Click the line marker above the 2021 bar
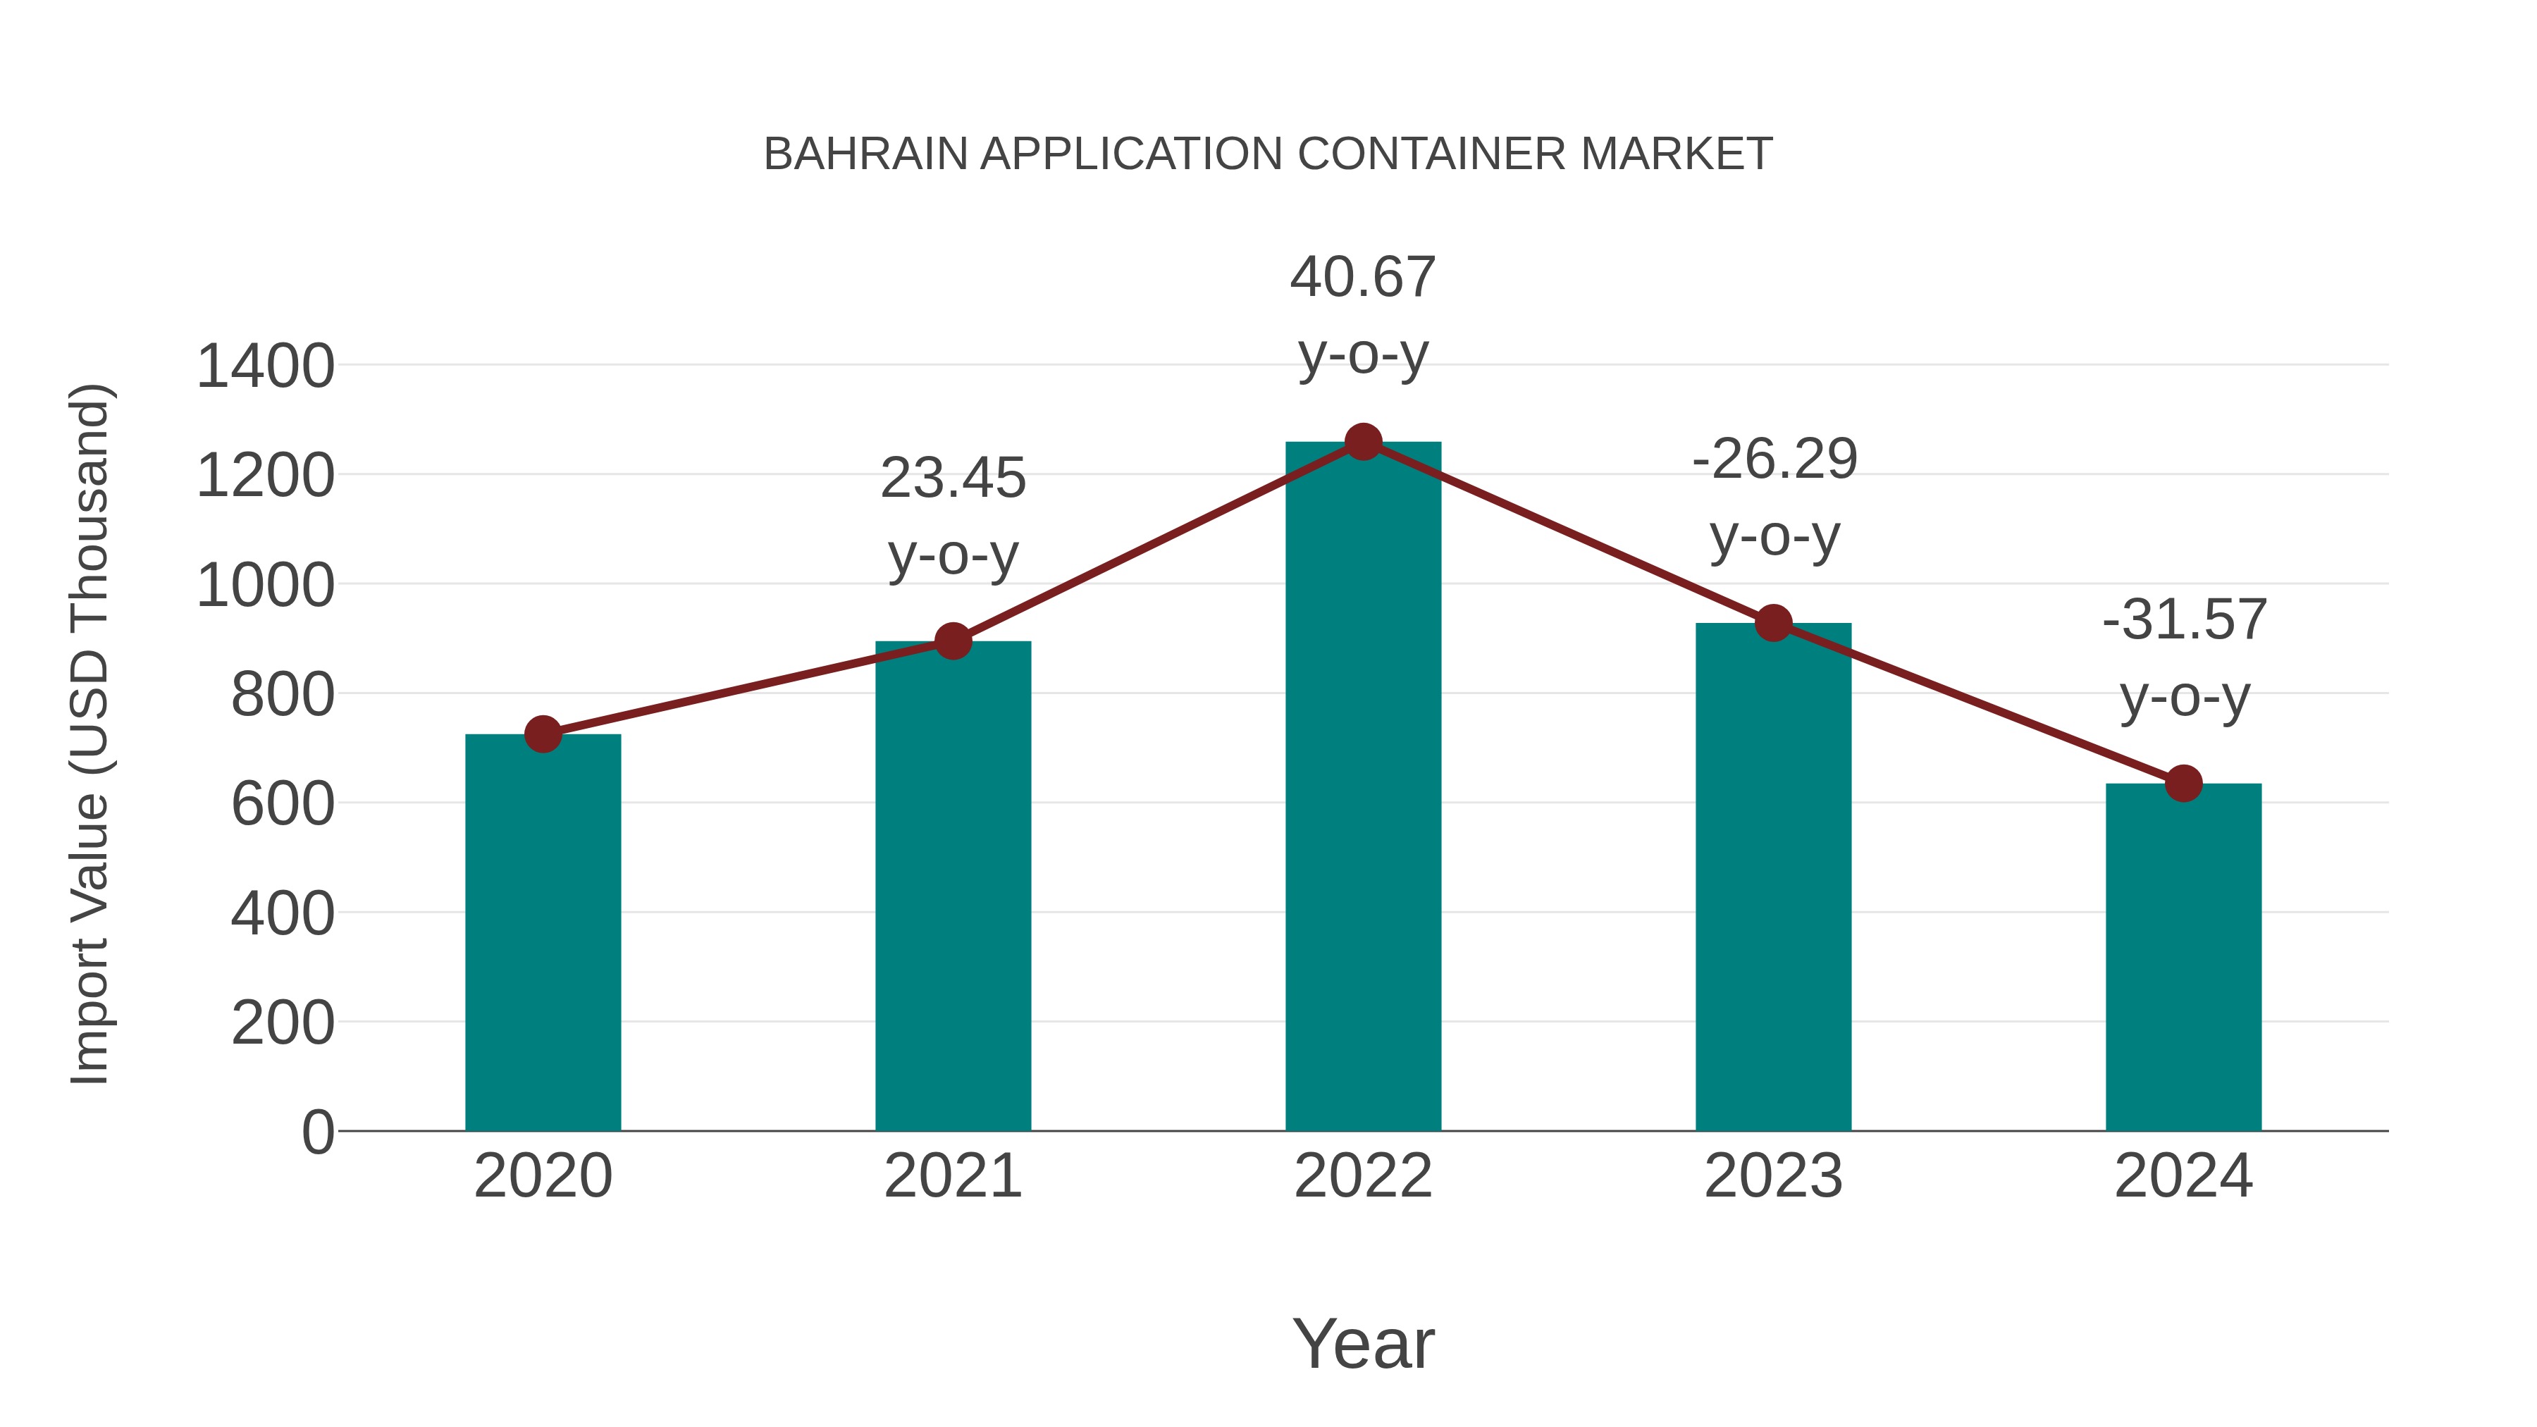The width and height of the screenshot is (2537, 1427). coord(952,641)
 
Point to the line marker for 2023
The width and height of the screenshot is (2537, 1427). coord(1773,624)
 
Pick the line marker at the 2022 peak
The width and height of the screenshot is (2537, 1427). coord(1363,442)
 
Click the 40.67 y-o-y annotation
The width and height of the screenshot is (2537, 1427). coord(1363,277)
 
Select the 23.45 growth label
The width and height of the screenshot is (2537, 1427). coord(952,478)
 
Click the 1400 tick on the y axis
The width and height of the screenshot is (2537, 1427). coord(265,366)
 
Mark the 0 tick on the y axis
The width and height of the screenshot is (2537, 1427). coord(317,1132)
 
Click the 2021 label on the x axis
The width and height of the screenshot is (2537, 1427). coord(952,1176)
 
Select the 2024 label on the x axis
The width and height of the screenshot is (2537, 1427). coord(2183,1176)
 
